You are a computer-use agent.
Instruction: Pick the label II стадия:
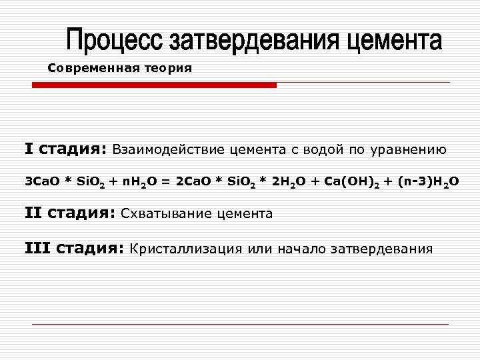(x=69, y=213)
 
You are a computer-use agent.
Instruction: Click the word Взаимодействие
(x=169, y=149)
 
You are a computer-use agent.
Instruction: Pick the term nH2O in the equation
(x=135, y=181)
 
